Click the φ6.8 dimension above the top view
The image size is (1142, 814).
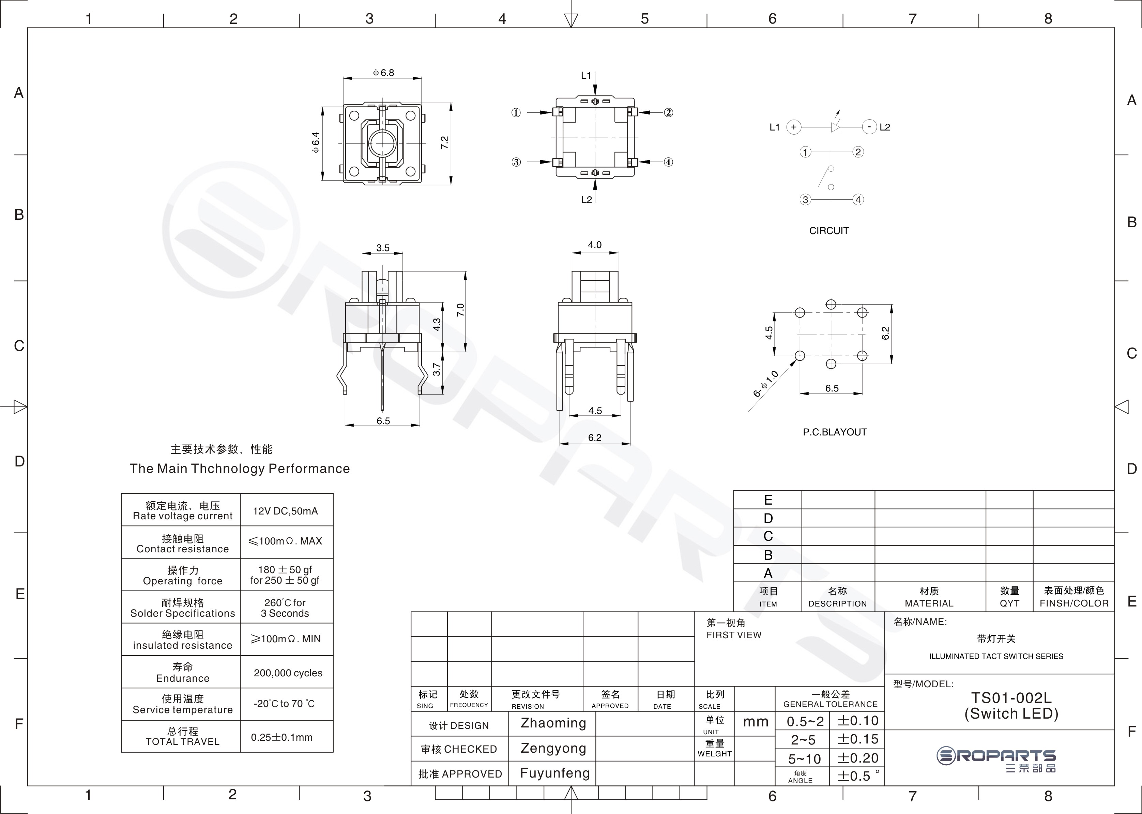[x=383, y=73]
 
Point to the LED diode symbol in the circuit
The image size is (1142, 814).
[x=835, y=126]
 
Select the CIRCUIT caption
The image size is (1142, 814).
[x=829, y=231]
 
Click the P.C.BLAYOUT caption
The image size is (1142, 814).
[x=835, y=432]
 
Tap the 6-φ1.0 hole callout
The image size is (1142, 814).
[x=765, y=383]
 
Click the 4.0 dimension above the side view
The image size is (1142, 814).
[x=595, y=245]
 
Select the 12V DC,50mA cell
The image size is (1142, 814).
[x=285, y=511]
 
